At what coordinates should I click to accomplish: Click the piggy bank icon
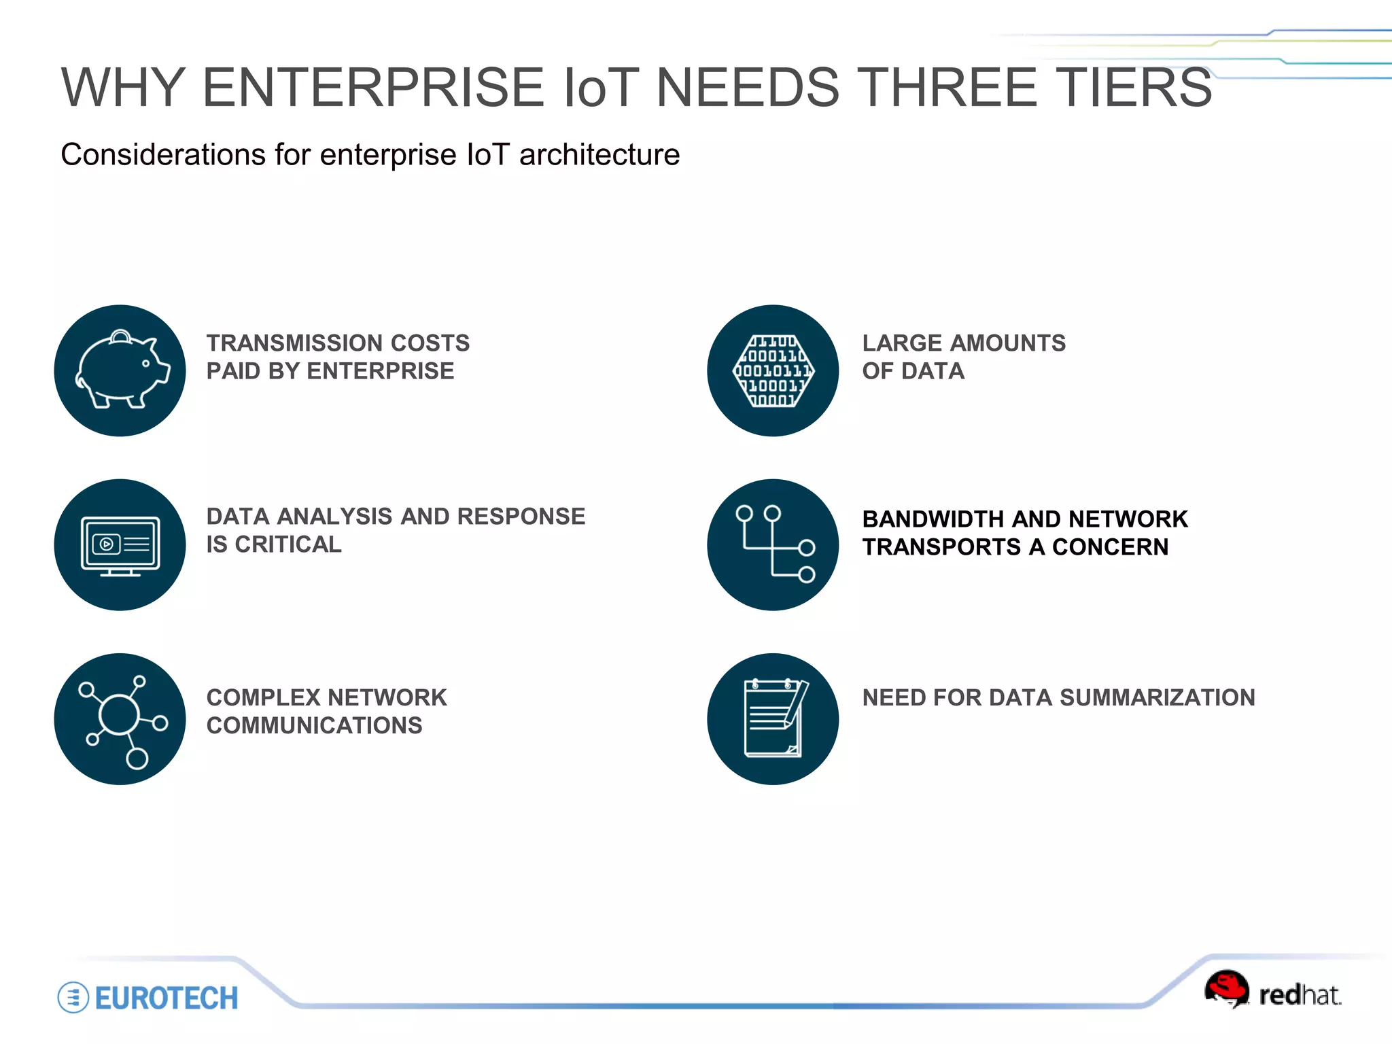[x=120, y=370]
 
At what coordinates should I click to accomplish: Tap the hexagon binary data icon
[x=773, y=370]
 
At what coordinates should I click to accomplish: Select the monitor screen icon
[x=120, y=545]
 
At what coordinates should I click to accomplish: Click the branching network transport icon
[x=773, y=545]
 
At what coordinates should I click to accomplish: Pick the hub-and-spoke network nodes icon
[x=120, y=719]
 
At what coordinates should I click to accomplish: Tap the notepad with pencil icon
[x=773, y=719]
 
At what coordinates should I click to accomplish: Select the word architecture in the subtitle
[x=599, y=155]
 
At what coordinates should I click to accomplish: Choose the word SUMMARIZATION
[x=1157, y=698]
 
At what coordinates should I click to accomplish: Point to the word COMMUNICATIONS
[x=314, y=726]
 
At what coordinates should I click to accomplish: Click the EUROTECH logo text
[x=167, y=998]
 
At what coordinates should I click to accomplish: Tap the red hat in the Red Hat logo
[x=1227, y=986]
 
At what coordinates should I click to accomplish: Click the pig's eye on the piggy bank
[x=145, y=364]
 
